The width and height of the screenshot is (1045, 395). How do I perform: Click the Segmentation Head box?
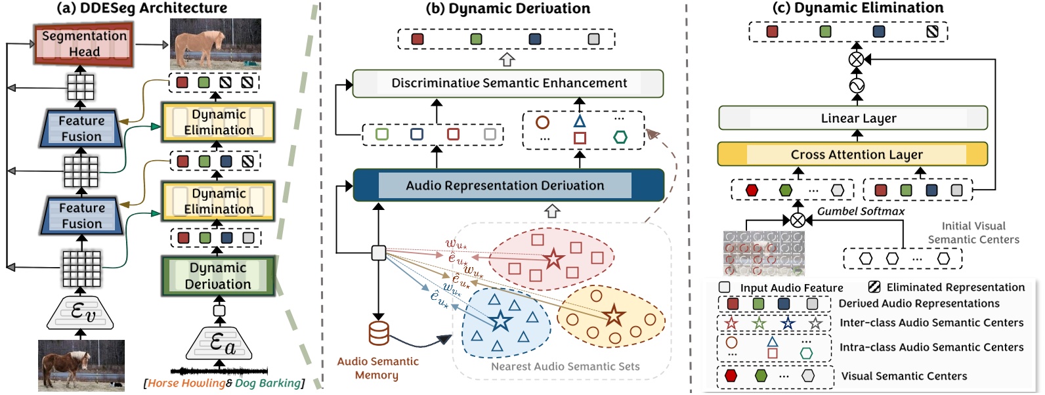[x=84, y=44]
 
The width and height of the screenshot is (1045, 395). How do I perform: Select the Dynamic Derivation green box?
[x=218, y=276]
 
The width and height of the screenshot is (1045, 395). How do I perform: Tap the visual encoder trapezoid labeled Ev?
[x=81, y=312]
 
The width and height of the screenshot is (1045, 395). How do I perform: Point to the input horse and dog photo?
[x=81, y=365]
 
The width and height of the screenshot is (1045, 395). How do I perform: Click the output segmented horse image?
[x=215, y=44]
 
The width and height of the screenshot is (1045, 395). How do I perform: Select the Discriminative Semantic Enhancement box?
[x=508, y=83]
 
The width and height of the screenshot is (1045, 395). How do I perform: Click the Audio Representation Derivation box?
[x=508, y=186]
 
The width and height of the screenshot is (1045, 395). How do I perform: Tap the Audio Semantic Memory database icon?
[x=379, y=333]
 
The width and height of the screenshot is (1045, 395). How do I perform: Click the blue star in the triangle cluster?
[x=501, y=321]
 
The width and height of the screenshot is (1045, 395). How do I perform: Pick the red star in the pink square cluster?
[x=553, y=259]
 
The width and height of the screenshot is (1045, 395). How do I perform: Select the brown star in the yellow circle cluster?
[x=614, y=316]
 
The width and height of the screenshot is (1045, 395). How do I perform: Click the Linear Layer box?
[x=853, y=118]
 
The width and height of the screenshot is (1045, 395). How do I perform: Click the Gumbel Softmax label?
[x=860, y=211]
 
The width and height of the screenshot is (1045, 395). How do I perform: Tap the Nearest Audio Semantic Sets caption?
[x=565, y=367]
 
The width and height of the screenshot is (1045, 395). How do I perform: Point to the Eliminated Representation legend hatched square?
[x=874, y=287]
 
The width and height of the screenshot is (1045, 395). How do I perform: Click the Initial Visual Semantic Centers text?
[x=973, y=233]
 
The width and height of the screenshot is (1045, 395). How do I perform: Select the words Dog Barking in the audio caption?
[x=268, y=383]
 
